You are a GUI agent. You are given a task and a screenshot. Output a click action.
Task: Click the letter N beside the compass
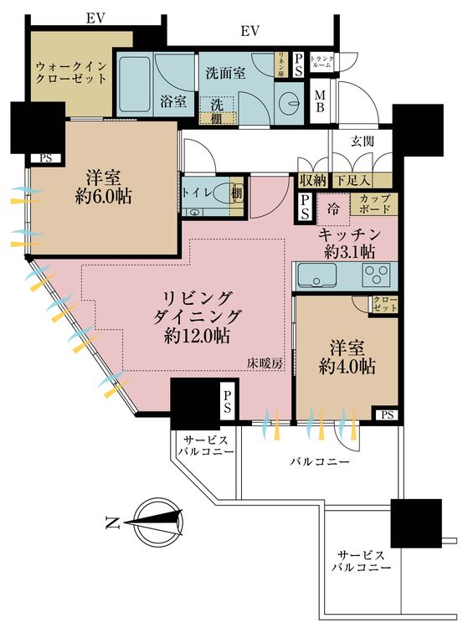tap(111, 525)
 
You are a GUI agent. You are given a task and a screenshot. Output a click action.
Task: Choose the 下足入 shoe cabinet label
tap(352, 180)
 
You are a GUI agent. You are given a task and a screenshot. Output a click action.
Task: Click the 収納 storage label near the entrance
tap(313, 180)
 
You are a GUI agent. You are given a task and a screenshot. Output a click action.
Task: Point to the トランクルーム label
tap(322, 62)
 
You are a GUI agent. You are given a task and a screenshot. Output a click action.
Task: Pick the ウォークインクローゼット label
tap(71, 72)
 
